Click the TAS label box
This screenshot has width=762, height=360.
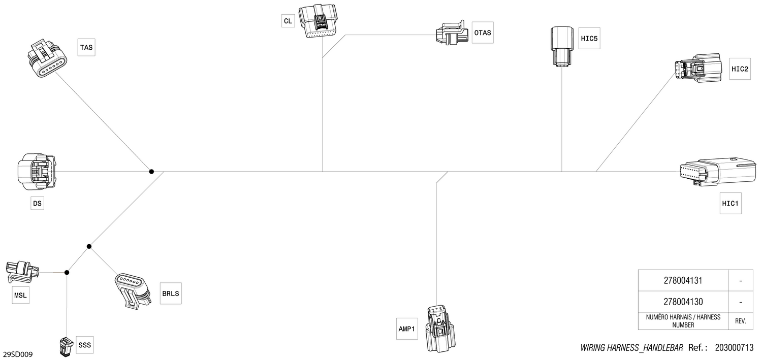point(86,47)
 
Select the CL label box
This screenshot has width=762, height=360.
point(288,21)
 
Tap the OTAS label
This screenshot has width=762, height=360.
point(483,32)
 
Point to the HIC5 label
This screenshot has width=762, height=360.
point(589,39)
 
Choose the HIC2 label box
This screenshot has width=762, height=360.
point(740,69)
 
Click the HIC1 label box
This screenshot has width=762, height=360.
point(731,203)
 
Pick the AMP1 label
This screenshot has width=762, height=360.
point(407,329)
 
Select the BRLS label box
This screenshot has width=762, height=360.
point(171,293)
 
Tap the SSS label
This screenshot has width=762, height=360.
point(85,345)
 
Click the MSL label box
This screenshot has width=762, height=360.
point(20,295)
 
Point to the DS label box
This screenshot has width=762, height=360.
point(38,203)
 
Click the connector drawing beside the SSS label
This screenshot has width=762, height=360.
point(67,346)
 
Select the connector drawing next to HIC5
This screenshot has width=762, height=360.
point(562,46)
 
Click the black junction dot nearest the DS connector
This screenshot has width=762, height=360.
point(151,172)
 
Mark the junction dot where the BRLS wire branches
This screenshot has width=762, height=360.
point(89,246)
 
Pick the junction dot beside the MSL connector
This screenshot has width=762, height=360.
point(67,272)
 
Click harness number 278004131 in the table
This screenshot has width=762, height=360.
point(683,280)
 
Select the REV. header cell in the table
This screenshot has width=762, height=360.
point(741,321)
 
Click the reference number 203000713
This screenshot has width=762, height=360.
point(734,348)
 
